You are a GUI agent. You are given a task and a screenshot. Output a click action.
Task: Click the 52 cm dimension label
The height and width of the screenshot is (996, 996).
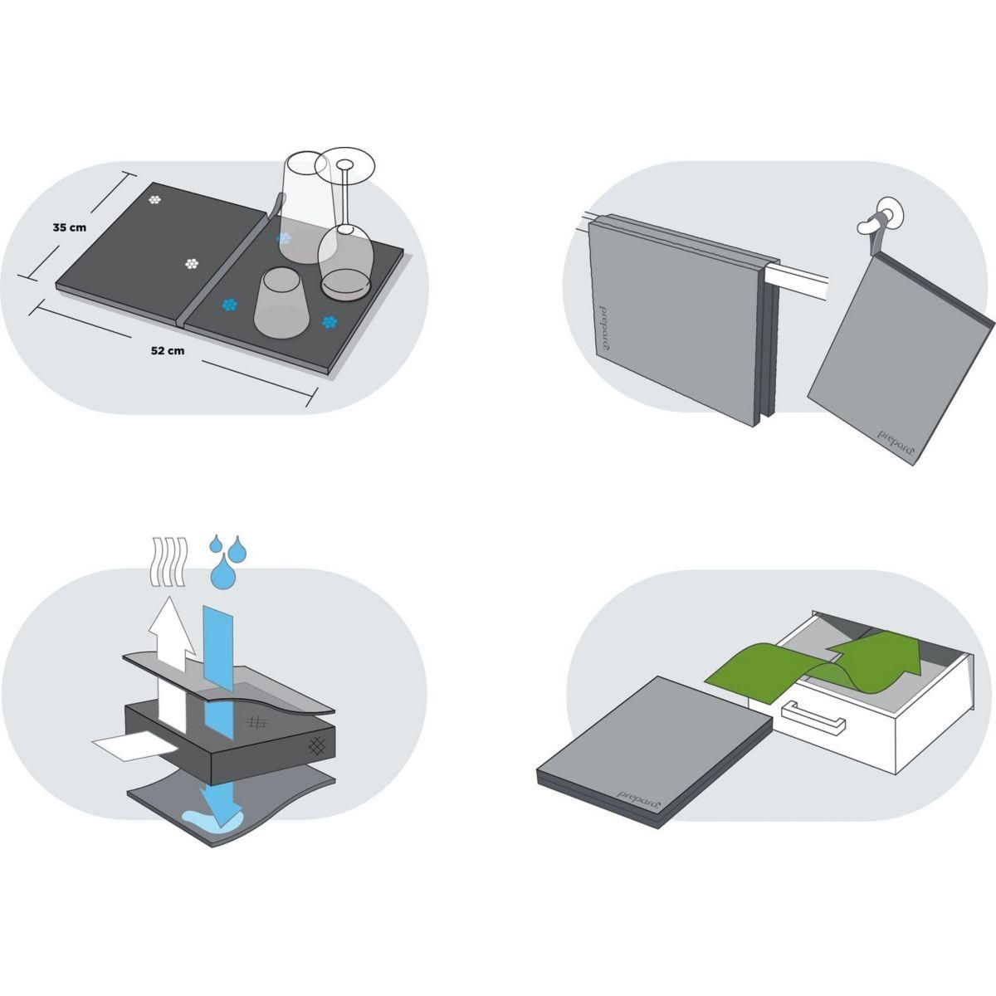tap(168, 350)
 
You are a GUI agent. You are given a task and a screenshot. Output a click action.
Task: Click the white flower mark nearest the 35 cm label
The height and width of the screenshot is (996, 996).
tap(154, 200)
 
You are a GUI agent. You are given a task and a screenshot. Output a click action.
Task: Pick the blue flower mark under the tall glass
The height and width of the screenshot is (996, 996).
tap(285, 237)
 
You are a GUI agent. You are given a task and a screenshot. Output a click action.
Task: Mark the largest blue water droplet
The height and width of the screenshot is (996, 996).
tap(222, 572)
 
